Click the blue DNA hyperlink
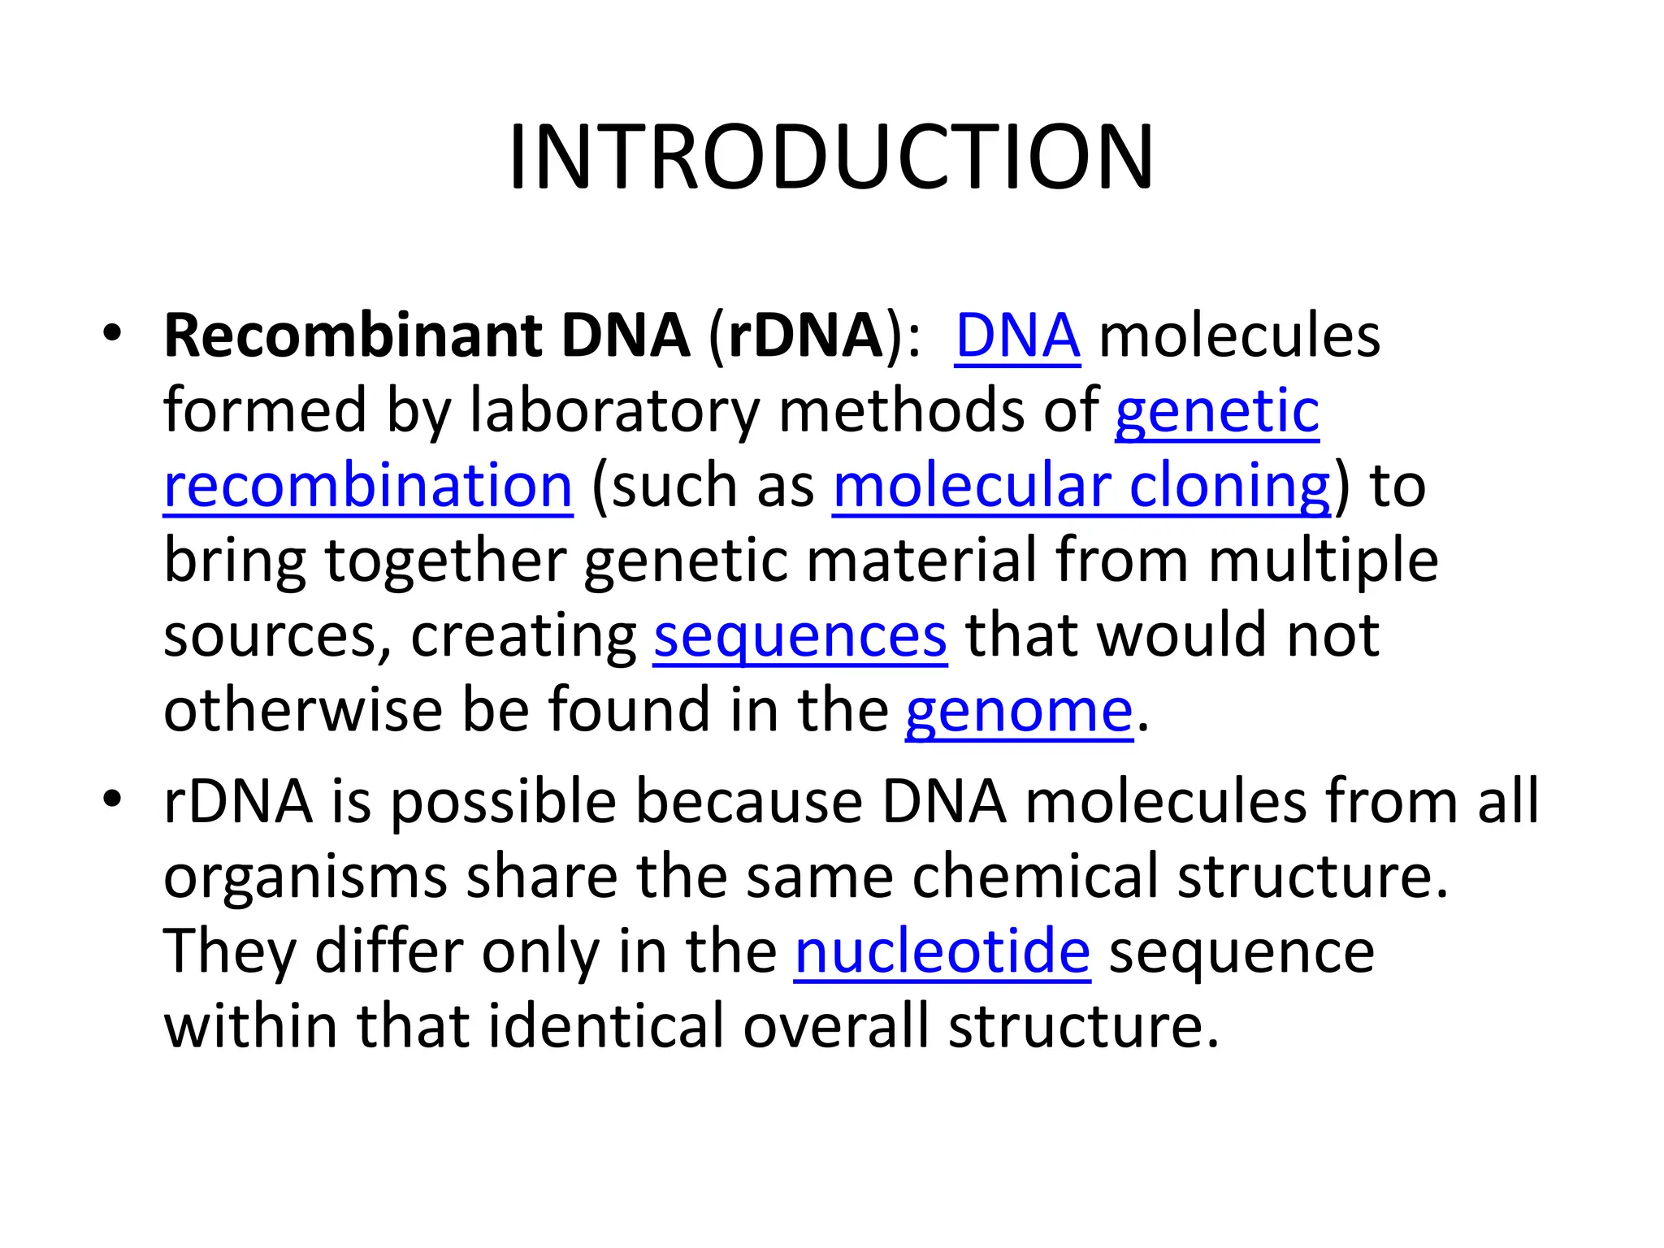[x=1016, y=336]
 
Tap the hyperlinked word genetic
[x=1216, y=411]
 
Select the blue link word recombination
[x=368, y=486]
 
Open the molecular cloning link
[x=1081, y=486]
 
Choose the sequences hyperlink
[x=799, y=635]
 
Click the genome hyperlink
[x=1018, y=710]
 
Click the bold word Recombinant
[x=353, y=336]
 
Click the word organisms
[x=305, y=877]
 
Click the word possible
[x=503, y=803]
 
